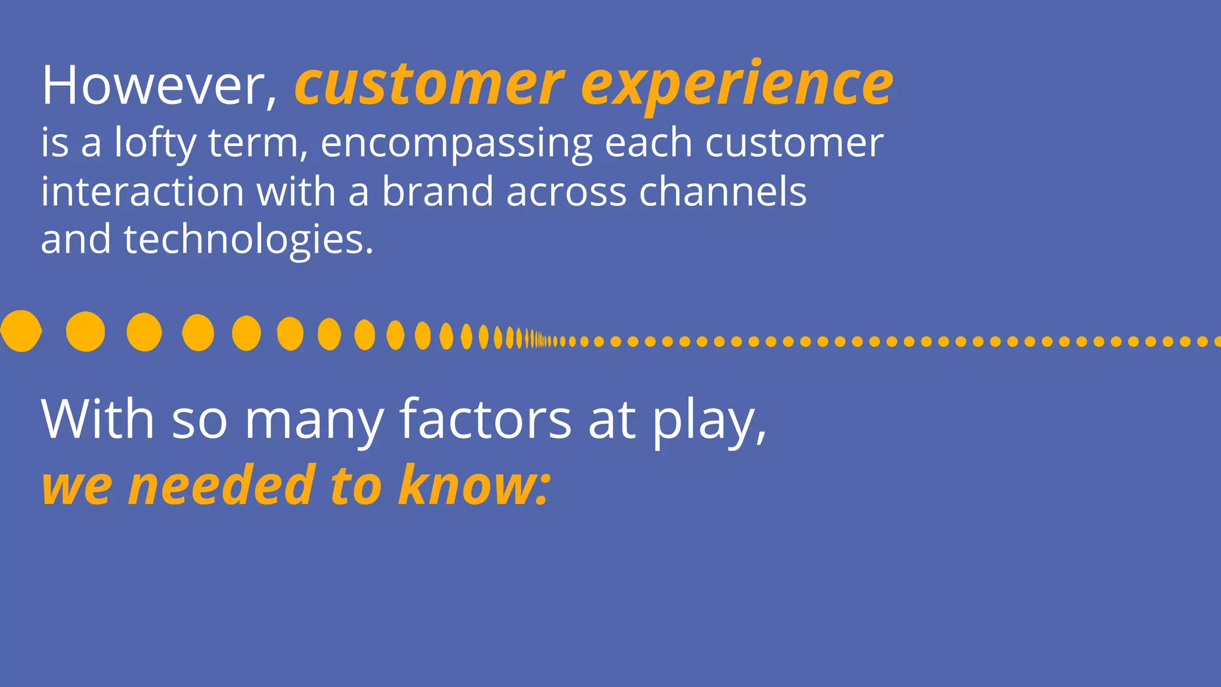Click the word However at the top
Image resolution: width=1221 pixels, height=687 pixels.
(x=153, y=86)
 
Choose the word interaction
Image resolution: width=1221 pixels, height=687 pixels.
(x=142, y=192)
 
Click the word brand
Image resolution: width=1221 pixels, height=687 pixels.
(x=438, y=192)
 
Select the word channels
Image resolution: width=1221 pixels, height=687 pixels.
(x=723, y=192)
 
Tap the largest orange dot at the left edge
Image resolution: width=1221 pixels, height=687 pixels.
(x=21, y=331)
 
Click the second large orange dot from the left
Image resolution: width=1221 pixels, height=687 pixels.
(x=85, y=332)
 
